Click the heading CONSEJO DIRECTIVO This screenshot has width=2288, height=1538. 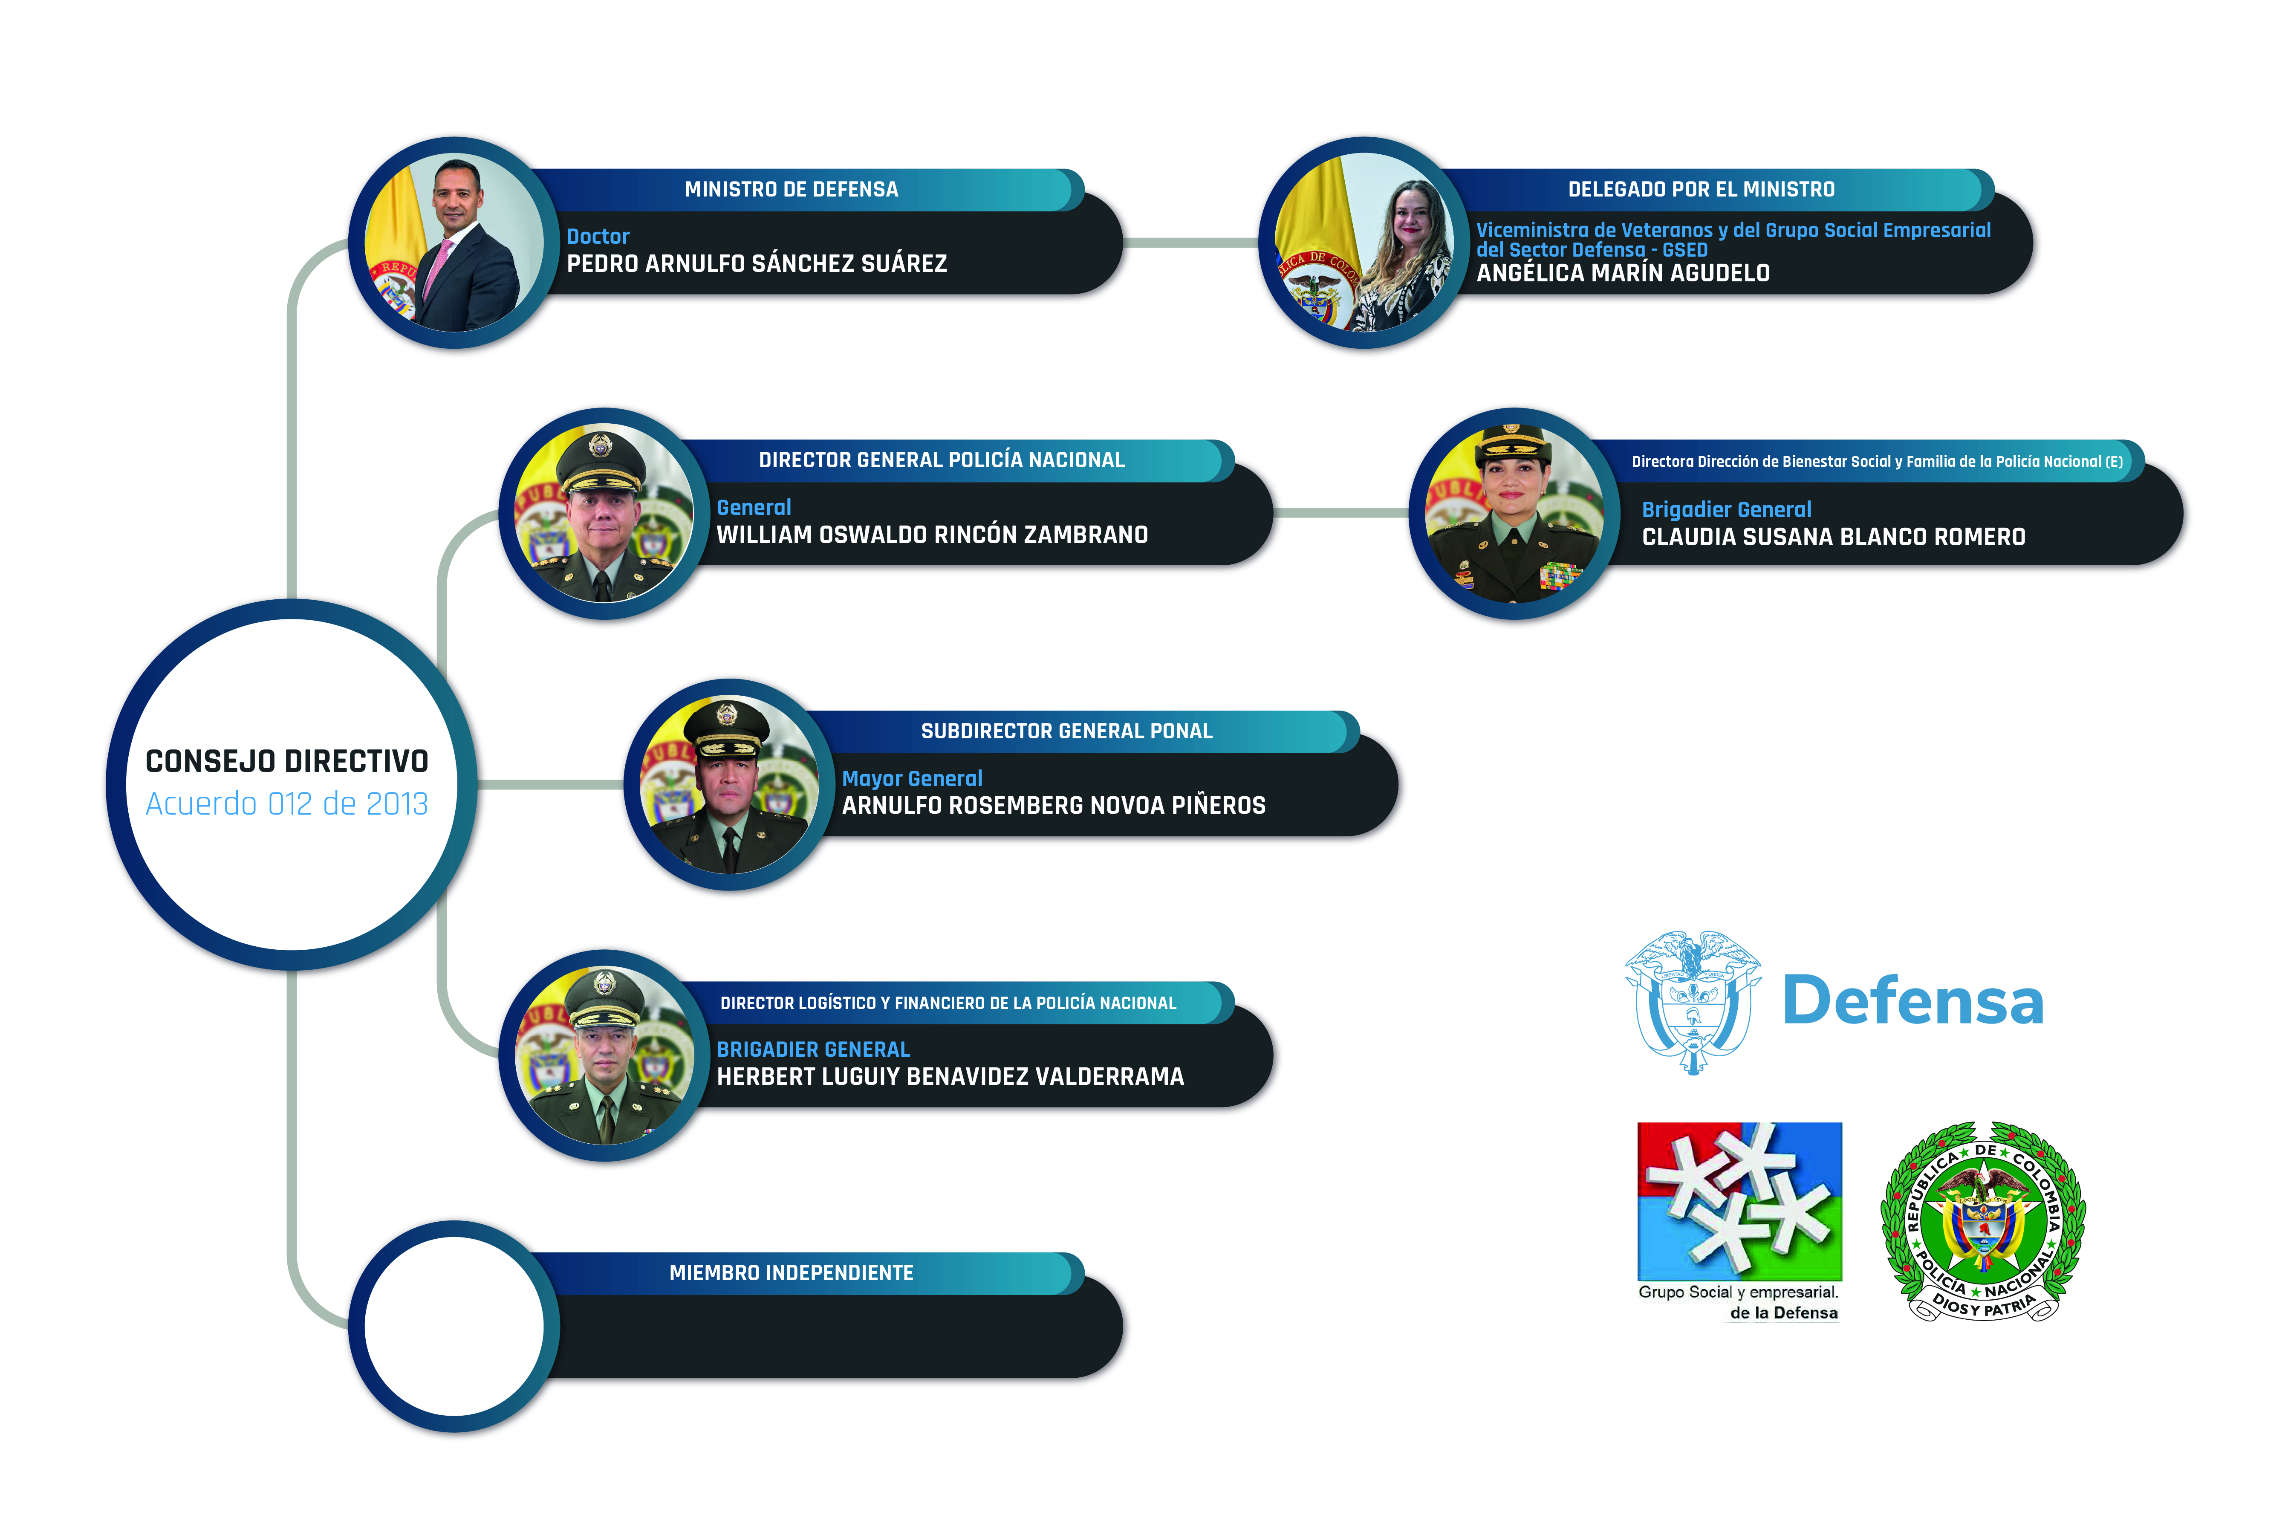[286, 761]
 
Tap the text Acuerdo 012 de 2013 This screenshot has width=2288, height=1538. [286, 804]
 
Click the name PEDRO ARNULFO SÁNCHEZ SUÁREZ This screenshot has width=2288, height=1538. [756, 264]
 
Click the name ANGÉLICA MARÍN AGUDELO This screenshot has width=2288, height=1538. [1623, 274]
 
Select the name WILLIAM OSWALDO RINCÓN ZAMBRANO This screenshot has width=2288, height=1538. [932, 535]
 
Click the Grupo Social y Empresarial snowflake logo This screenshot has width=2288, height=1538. [1739, 1202]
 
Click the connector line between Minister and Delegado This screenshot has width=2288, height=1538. [1190, 242]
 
